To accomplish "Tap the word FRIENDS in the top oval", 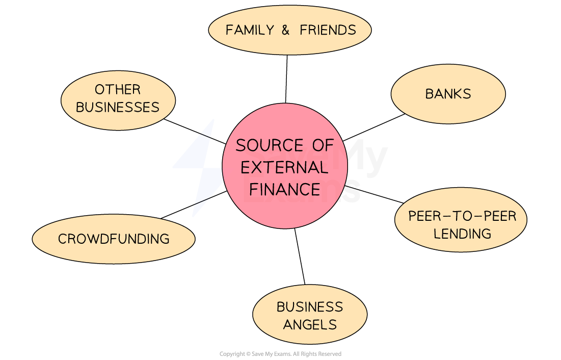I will click(x=328, y=30).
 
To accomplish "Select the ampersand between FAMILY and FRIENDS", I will click(x=285, y=30).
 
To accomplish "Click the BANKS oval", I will click(x=448, y=94).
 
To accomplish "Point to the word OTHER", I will click(x=117, y=90).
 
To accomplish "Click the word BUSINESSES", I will click(x=118, y=108).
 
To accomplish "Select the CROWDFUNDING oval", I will click(x=114, y=239).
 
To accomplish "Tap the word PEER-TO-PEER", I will click(x=462, y=216).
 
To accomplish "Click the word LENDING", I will click(x=462, y=234).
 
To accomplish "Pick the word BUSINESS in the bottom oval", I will click(x=310, y=307).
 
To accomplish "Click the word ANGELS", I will click(x=310, y=325).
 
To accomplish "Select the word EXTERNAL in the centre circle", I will click(x=284, y=168).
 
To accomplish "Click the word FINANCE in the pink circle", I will click(x=284, y=190).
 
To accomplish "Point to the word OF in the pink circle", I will click(x=323, y=146).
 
